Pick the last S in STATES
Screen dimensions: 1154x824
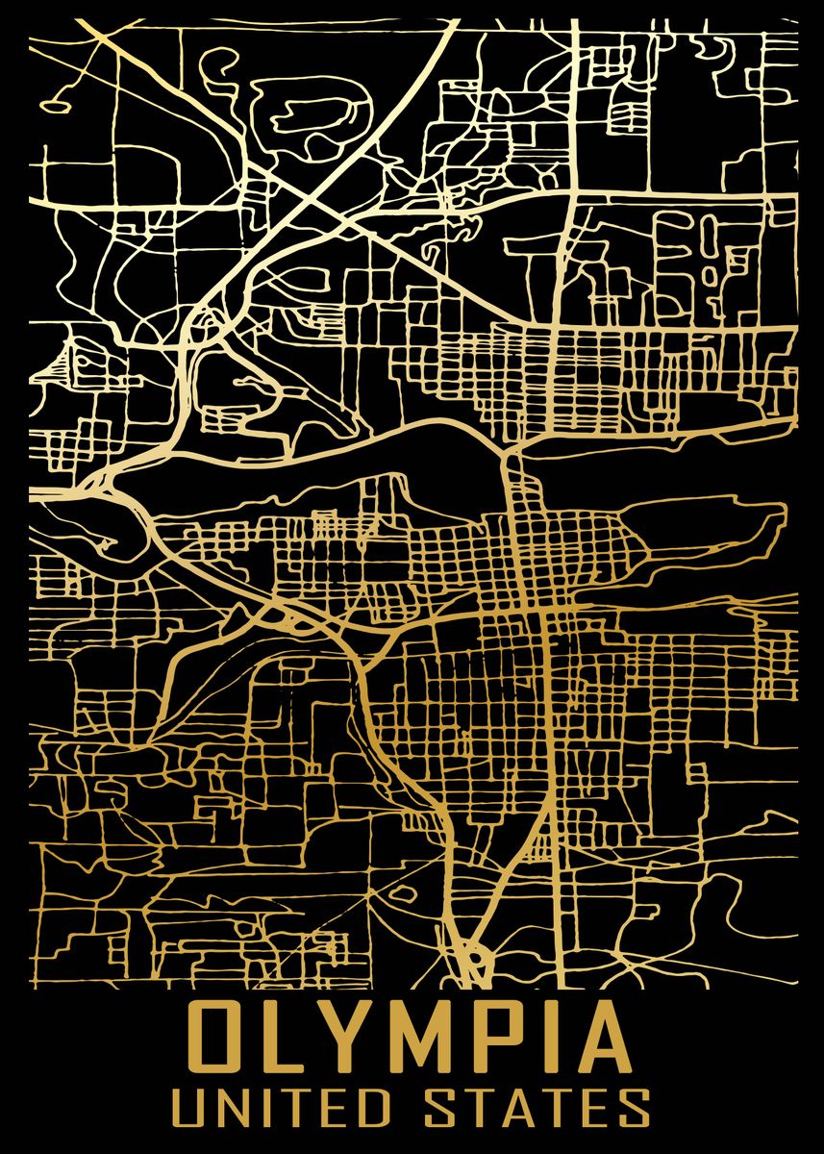click(x=634, y=1108)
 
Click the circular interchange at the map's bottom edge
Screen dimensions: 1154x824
click(x=473, y=958)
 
